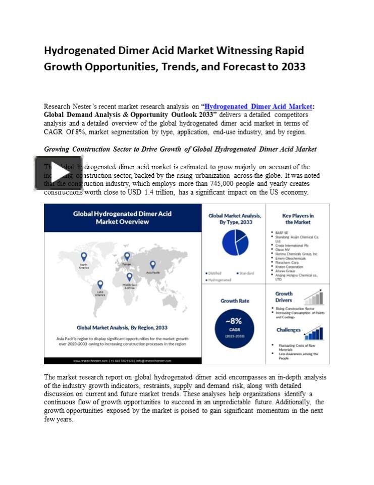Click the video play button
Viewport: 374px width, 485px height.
(59, 173)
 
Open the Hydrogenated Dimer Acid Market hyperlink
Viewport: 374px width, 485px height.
(258, 107)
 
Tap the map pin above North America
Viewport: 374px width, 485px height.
(84, 257)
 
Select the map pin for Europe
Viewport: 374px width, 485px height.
(127, 256)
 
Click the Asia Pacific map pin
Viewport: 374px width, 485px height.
(152, 264)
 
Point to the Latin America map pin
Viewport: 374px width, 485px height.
(100, 284)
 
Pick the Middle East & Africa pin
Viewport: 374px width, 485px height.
(130, 276)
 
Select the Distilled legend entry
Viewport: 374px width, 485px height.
(213, 273)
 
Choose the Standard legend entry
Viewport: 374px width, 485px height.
(245, 273)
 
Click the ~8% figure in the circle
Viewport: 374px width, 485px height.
(234, 321)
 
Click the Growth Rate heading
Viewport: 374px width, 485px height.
(235, 301)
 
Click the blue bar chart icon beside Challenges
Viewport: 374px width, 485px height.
(313, 333)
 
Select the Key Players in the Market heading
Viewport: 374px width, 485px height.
(298, 219)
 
